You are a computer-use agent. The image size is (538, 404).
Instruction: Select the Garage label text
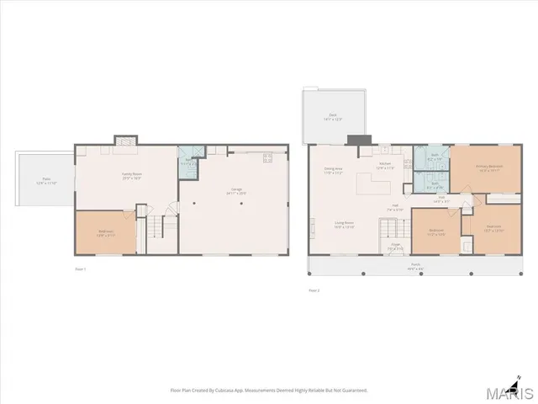236,191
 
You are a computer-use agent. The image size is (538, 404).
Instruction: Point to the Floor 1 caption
81,268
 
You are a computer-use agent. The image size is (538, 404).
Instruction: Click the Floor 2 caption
314,290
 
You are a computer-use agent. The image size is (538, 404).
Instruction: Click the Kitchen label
385,165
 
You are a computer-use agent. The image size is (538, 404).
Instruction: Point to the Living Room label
344,225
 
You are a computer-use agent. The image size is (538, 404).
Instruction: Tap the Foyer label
395,248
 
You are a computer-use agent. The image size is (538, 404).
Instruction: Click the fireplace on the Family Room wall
125,140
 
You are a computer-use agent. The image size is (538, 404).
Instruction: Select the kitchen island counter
367,183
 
